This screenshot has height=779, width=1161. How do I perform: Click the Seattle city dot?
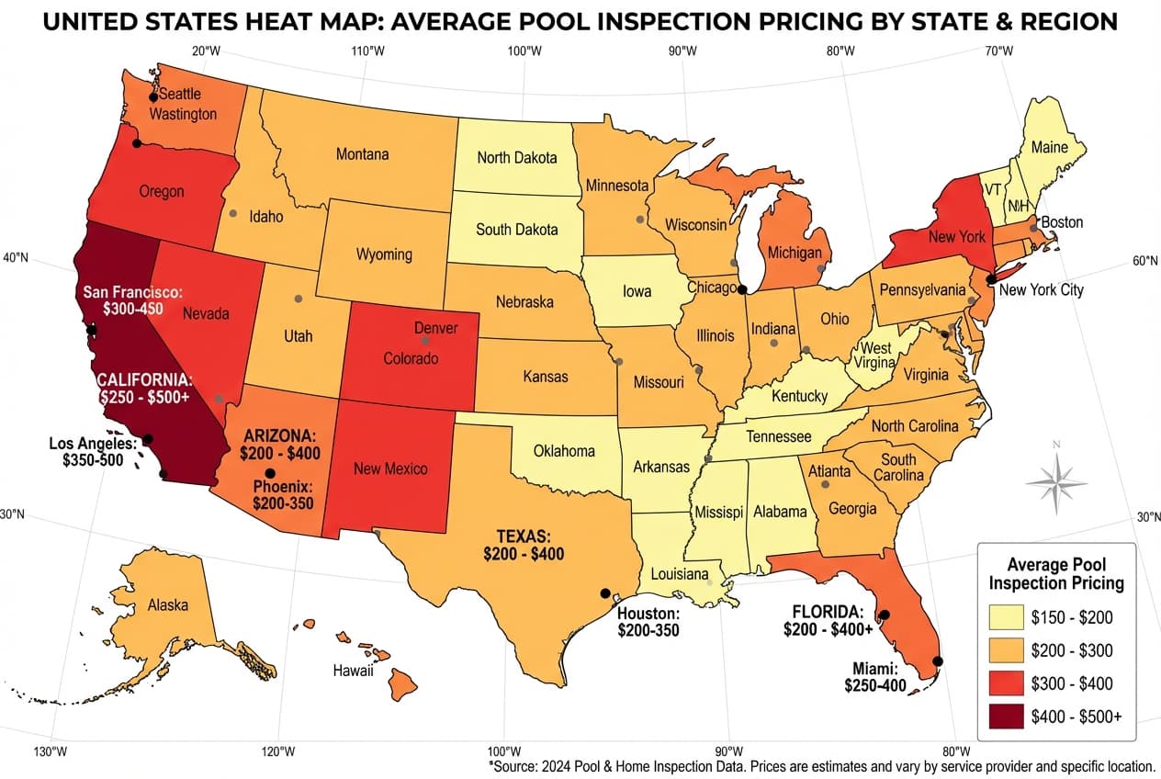pos(153,97)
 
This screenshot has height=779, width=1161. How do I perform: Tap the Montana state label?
pos(362,154)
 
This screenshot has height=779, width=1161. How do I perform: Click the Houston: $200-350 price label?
pos(648,621)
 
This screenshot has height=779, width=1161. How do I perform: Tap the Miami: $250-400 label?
pos(875,677)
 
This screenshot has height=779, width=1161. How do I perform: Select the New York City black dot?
pos(991,279)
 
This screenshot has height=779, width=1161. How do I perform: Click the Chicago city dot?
pos(742,288)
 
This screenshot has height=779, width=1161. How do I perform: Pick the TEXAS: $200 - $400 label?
pos(524,545)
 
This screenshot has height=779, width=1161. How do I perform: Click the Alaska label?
pos(168,605)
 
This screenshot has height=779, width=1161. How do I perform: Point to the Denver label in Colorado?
pos(435,328)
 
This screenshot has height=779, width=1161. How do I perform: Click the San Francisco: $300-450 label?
pos(133,299)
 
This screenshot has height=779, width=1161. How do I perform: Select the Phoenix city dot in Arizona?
pos(269,472)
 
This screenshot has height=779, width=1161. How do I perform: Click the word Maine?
pos(1049,146)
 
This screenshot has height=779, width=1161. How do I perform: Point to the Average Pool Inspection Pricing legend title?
pos(1056,573)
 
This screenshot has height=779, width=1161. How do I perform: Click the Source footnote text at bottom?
pos(821,765)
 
